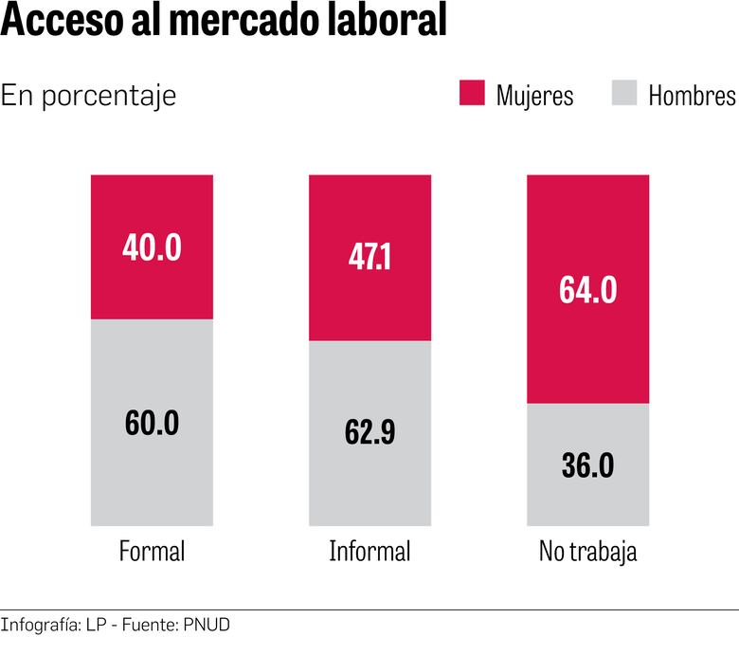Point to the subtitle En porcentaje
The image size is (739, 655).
(89, 96)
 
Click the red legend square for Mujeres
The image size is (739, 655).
(472, 93)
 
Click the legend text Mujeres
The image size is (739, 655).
(534, 96)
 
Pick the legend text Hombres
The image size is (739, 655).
(692, 96)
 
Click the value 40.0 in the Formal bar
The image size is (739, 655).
(152, 247)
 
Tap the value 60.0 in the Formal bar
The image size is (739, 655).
(152, 423)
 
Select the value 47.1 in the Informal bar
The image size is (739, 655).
(369, 258)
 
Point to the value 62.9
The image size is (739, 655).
(369, 433)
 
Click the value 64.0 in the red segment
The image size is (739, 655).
(588, 289)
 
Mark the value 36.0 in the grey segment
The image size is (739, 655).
(588, 465)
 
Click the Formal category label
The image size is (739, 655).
(152, 552)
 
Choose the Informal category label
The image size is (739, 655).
(369, 552)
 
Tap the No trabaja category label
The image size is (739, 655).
(587, 552)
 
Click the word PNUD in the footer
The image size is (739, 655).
(206, 625)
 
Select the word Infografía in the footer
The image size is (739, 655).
(39, 626)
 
